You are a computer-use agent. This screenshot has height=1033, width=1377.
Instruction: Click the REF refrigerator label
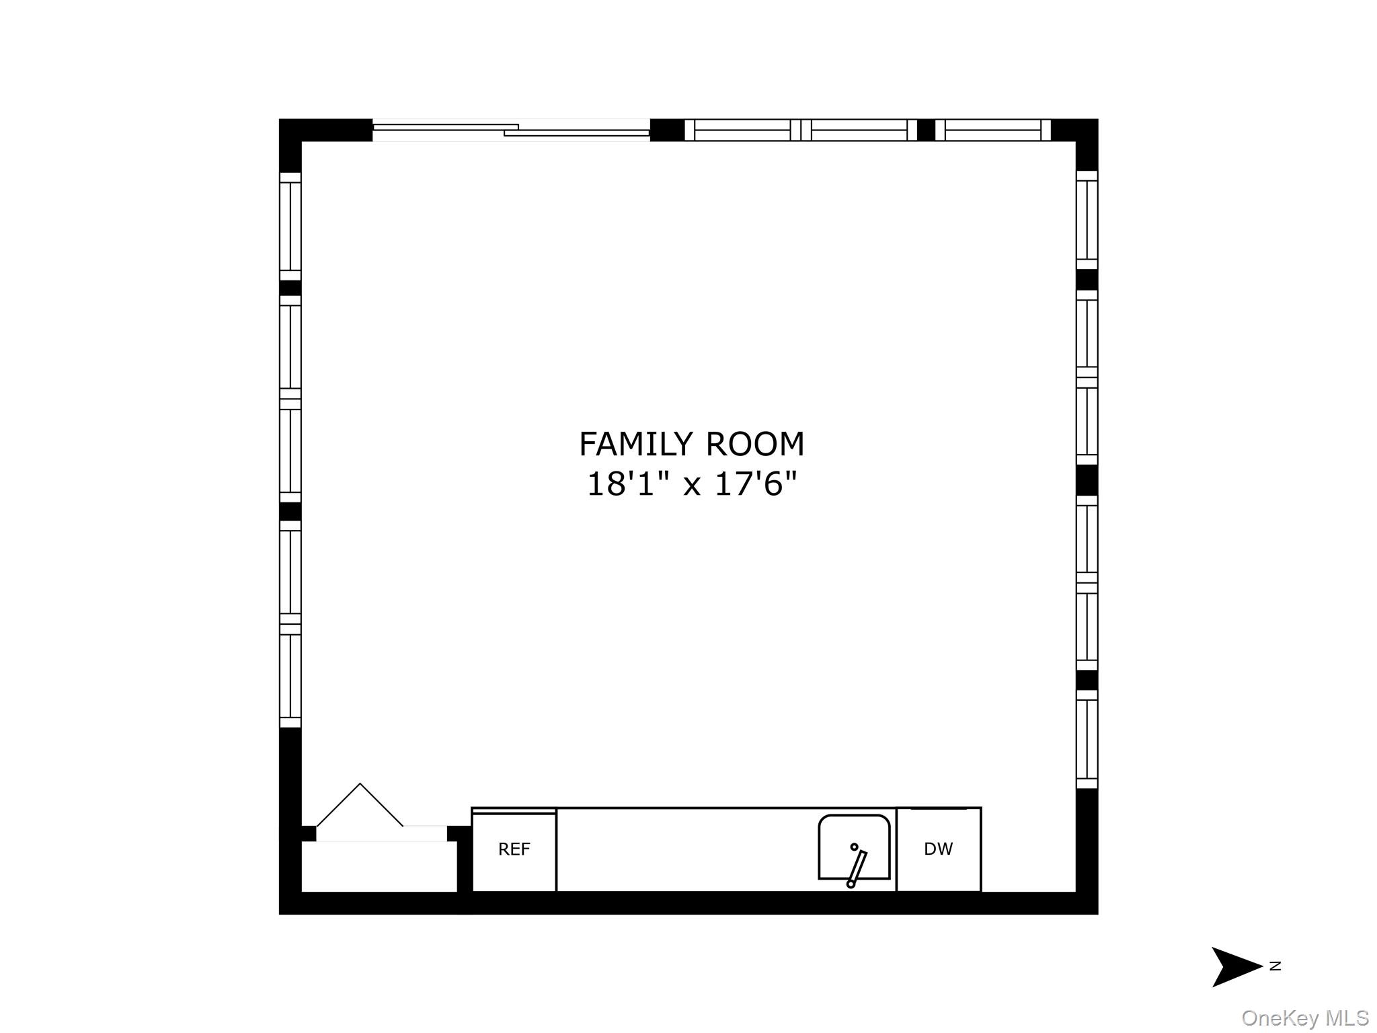pos(514,849)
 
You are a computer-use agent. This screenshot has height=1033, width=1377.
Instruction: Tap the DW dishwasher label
pos(938,849)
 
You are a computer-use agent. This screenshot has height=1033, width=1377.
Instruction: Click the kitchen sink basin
pos(854,847)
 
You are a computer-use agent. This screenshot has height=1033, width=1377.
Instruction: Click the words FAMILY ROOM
pos(691,444)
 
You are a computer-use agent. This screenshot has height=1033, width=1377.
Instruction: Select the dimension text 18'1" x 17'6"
pos(691,484)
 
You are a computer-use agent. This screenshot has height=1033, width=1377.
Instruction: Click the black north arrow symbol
pos(1236,967)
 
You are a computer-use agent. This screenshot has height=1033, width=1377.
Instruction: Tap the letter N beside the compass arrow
pos(1275,966)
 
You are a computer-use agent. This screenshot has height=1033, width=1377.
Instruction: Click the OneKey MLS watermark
pos(1305,1018)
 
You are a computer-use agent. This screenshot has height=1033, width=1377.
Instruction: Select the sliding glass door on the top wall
pos(511,130)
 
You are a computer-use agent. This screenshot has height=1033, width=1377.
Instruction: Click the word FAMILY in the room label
pos(635,444)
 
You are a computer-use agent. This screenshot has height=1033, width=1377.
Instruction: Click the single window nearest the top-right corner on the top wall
pos(992,130)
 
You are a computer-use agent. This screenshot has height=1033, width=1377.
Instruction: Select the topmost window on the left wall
pos(290,227)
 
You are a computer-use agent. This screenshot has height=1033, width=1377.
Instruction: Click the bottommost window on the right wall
pos(1087,739)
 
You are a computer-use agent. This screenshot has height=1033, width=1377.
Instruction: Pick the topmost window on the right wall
pos(1087,220)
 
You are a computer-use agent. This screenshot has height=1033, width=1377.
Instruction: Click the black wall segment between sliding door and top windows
pos(667,130)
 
